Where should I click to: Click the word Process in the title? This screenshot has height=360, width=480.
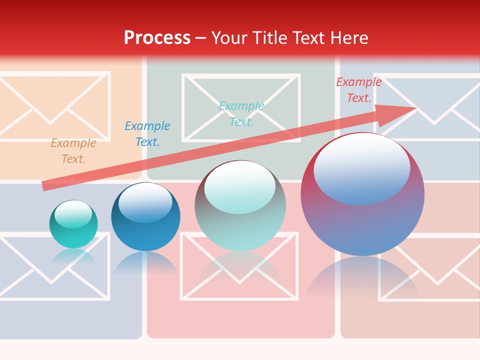click(x=157, y=38)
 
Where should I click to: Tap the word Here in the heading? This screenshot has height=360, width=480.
click(x=348, y=38)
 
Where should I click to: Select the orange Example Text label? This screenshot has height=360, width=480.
click(x=73, y=151)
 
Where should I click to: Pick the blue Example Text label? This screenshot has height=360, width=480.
click(x=147, y=134)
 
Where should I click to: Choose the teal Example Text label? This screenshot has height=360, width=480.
click(x=241, y=113)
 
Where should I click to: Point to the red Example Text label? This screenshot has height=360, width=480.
click(x=359, y=90)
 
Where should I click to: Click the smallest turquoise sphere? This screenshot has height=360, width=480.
click(x=73, y=230)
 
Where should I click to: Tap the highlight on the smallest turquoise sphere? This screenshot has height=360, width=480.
click(x=73, y=214)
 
